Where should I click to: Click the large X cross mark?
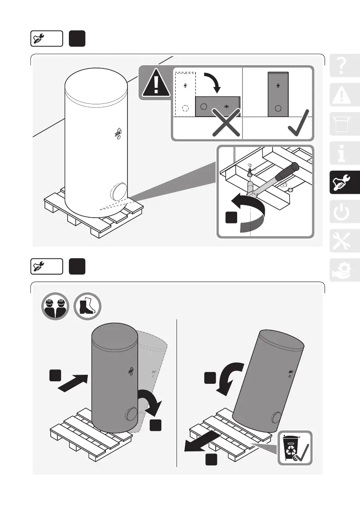point(226,123)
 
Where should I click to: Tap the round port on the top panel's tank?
point(119,193)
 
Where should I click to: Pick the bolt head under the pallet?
point(249,174)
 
